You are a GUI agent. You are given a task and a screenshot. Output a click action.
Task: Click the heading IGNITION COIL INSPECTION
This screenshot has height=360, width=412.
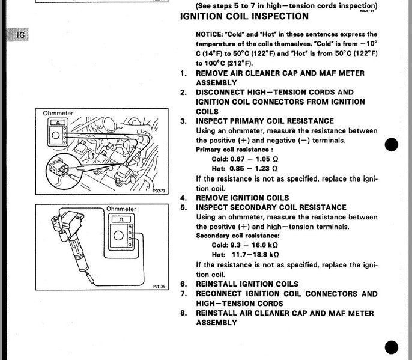244,16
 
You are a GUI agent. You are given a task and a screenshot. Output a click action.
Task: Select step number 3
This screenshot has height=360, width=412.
183,121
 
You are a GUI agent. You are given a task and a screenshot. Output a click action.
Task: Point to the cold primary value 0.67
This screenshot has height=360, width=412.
237,159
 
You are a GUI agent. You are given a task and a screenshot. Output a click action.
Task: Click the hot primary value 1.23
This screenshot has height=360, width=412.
262,168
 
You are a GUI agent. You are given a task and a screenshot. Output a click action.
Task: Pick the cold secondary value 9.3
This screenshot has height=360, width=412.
235,245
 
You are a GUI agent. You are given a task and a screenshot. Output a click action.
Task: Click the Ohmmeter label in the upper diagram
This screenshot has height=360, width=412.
58,114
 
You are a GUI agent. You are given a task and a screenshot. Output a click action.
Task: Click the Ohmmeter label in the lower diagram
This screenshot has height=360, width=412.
121,209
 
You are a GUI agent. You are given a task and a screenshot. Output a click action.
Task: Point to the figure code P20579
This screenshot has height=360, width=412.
159,191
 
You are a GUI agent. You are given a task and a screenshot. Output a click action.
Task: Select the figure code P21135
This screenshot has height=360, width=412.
159,286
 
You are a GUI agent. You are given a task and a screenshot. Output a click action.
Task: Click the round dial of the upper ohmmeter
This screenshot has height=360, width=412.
56,135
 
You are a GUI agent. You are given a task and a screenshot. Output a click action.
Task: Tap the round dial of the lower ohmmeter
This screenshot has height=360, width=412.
118,236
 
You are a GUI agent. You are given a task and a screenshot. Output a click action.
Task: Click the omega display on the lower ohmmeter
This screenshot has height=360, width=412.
121,219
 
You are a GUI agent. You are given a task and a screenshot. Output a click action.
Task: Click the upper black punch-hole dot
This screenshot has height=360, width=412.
391,144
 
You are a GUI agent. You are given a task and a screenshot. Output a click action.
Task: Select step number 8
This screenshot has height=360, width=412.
183,313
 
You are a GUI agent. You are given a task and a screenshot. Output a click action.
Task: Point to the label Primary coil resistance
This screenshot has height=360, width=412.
234,150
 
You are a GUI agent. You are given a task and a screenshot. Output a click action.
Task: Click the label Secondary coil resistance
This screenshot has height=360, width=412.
238,236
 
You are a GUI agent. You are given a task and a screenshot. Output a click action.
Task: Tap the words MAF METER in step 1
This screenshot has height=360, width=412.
342,73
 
